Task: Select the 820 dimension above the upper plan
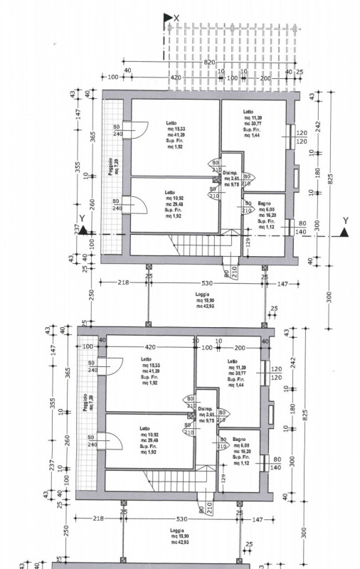209,63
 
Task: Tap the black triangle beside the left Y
83,230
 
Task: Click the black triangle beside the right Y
344,231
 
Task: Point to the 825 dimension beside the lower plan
305,417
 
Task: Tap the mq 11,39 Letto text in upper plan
251,124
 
